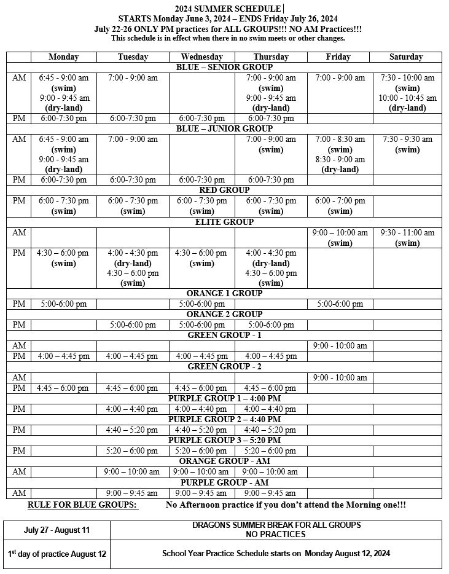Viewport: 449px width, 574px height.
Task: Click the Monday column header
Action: [64, 57]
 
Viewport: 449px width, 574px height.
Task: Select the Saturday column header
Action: [405, 57]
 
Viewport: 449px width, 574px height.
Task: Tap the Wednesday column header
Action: [202, 57]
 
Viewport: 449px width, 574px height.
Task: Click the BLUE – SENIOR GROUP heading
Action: [224, 67]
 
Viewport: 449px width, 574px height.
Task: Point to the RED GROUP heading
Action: [224, 190]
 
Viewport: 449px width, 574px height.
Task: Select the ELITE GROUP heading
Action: [224, 222]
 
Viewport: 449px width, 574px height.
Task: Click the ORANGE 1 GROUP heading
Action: [224, 293]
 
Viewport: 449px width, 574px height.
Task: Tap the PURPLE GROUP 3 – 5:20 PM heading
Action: [224, 440]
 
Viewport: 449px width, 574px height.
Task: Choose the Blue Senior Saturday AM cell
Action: [405, 93]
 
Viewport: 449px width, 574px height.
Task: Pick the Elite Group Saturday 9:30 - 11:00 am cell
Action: [405, 238]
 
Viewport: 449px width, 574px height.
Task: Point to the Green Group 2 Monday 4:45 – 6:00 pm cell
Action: [64, 388]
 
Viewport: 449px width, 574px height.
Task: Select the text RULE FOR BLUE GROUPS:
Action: [83, 505]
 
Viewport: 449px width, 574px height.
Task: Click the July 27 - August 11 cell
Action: [57, 530]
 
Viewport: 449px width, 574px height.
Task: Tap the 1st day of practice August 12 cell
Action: [57, 554]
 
